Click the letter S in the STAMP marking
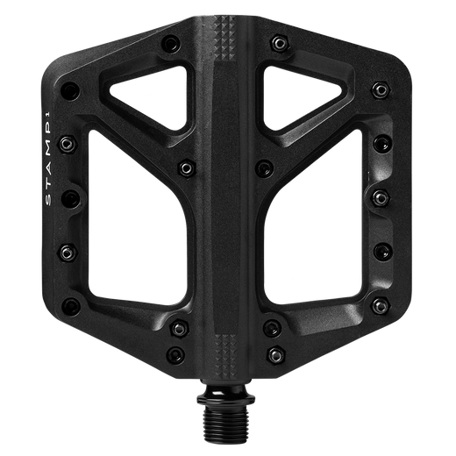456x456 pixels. pos(49,200)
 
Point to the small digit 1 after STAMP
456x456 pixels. pos(50,113)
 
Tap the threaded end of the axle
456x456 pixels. pos(225,416)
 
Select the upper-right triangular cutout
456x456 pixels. pos(296,95)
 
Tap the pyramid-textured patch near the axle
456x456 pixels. pos(224,353)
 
